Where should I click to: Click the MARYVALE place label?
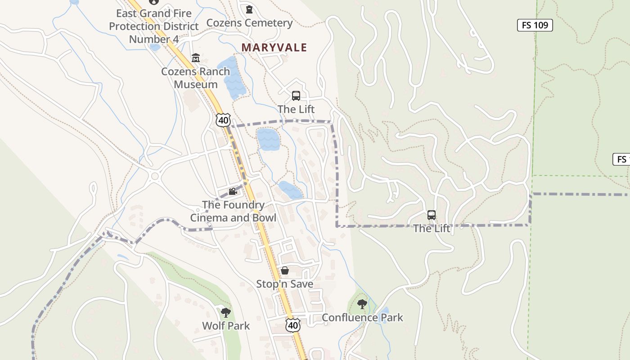(274, 47)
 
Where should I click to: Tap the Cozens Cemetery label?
(249, 23)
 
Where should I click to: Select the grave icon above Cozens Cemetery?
(249, 9)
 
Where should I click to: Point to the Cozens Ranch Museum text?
(196, 78)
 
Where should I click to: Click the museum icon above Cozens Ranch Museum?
(196, 58)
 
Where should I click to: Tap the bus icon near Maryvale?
(296, 95)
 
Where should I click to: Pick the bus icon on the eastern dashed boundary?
(432, 215)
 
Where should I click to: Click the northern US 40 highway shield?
(223, 120)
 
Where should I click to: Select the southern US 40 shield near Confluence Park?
(293, 325)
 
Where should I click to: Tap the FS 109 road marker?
(535, 25)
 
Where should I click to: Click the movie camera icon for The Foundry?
(233, 192)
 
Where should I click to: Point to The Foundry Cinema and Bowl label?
(233, 211)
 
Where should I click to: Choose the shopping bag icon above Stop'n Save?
(285, 270)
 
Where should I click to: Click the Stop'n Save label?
(285, 284)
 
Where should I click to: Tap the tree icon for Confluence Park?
(362, 304)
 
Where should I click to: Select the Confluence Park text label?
(362, 318)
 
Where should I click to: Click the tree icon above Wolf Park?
(226, 312)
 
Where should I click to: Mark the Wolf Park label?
(226, 326)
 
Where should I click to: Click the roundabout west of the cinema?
(156, 176)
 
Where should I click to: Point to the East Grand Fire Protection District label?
(154, 26)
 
